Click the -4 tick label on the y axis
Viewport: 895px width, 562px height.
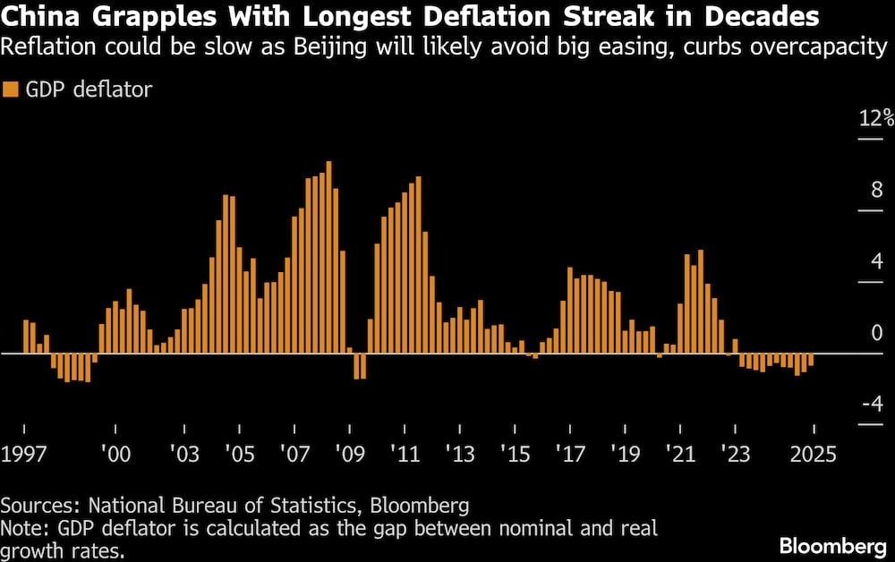[872, 404]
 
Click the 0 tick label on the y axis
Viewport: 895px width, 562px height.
[877, 333]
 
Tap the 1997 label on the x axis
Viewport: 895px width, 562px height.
[22, 453]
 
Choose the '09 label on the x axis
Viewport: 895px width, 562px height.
[347, 453]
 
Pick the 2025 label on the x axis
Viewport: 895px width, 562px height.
[813, 453]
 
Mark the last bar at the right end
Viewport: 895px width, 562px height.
[811, 360]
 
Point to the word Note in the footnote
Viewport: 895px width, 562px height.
[22, 527]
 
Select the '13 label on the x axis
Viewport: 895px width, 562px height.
[457, 453]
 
